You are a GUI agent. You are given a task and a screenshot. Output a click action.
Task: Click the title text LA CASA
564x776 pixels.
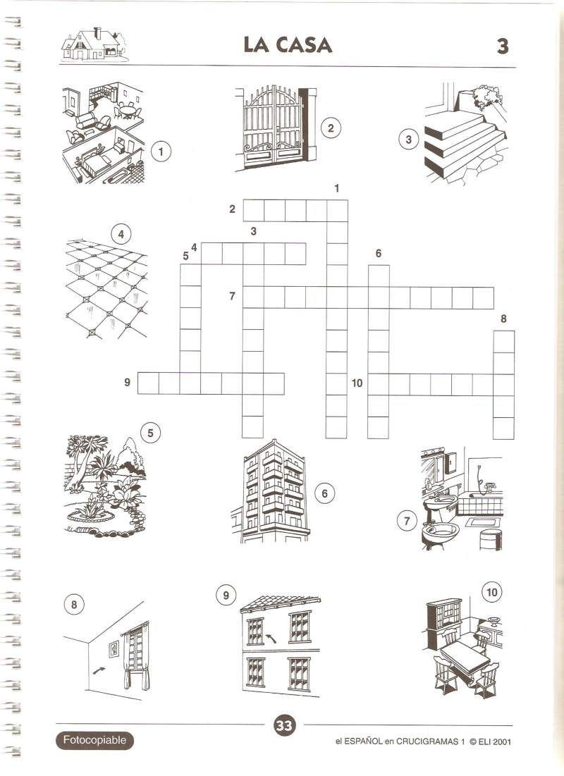tap(288, 44)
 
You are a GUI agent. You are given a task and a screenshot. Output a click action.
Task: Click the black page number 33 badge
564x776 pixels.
tap(284, 725)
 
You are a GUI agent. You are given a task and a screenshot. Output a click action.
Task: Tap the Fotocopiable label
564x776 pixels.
tap(94, 740)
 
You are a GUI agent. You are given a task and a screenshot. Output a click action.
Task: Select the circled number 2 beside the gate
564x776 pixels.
tap(331, 129)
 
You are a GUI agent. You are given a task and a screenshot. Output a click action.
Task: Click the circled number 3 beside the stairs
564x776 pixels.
tap(408, 140)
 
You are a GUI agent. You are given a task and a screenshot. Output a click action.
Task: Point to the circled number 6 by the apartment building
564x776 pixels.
tap(325, 493)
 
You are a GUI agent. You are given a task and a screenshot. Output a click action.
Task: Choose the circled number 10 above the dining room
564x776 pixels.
tap(491, 592)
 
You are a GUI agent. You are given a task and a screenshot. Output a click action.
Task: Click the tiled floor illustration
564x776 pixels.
tap(106, 289)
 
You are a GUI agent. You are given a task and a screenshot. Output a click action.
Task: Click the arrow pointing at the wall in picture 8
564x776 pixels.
tap(99, 670)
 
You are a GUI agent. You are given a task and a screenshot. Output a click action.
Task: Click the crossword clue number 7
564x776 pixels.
tap(232, 296)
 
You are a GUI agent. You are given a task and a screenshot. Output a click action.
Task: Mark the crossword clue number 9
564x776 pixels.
tap(128, 383)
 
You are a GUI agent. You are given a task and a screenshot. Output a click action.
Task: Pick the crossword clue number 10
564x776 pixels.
tap(357, 383)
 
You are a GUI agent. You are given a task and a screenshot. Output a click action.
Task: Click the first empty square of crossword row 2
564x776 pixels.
tap(254, 210)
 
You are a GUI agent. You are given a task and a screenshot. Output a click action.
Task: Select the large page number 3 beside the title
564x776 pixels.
tap(503, 46)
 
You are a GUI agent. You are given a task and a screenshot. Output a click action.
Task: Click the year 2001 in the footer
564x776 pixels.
tap(501, 741)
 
